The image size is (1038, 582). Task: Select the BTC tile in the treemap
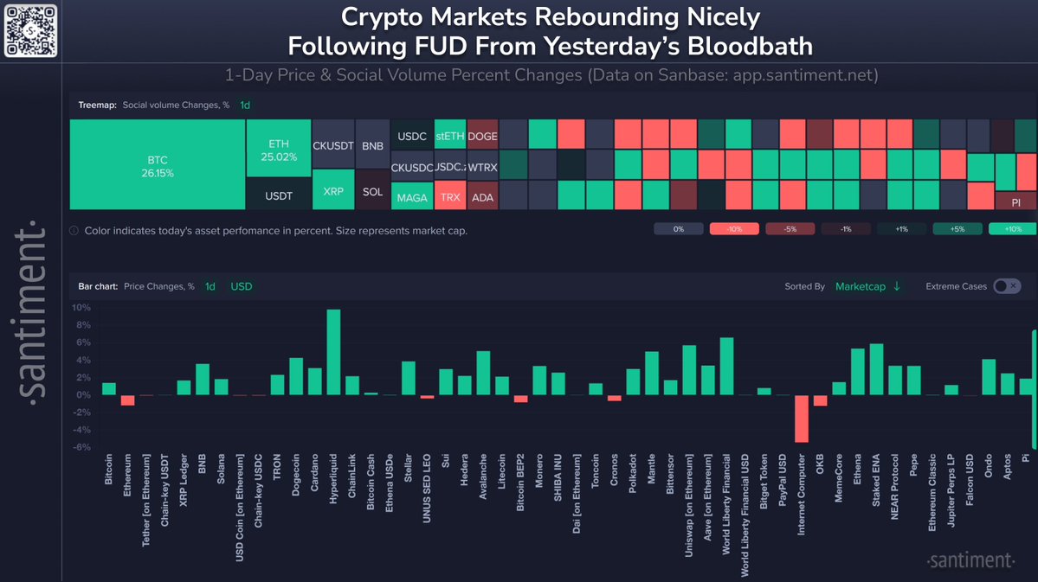[x=158, y=165]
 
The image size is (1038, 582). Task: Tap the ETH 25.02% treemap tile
[x=278, y=149]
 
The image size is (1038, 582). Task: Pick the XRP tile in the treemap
[x=332, y=189]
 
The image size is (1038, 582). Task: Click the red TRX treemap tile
[x=450, y=196]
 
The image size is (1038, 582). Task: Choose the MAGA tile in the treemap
[x=412, y=197]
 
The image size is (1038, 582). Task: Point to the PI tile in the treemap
[x=1015, y=202]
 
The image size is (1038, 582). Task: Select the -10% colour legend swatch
[x=734, y=229]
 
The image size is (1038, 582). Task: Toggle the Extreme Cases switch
[x=1007, y=286]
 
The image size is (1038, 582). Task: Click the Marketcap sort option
[x=867, y=286]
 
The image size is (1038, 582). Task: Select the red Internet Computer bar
[x=801, y=419]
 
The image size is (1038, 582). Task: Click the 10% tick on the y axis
[x=81, y=308]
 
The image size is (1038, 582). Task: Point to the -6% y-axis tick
[x=81, y=447]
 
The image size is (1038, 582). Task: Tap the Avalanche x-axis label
[x=483, y=479]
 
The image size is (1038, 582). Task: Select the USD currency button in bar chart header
[x=242, y=286]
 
